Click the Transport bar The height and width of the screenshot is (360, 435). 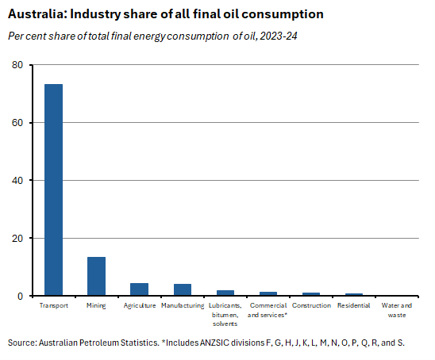click(53, 190)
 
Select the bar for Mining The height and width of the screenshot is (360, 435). click(96, 276)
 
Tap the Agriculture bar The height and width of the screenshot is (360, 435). click(139, 289)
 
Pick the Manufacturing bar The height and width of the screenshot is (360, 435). click(183, 289)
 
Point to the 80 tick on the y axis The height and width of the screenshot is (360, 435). click(18, 65)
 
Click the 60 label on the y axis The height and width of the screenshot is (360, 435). click(18, 123)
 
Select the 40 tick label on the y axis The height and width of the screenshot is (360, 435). click(18, 181)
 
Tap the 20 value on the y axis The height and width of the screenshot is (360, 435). click(18, 239)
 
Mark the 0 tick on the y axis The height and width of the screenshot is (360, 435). click(21, 297)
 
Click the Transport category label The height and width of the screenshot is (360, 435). click(53, 305)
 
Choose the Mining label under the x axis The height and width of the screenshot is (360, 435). click(96, 305)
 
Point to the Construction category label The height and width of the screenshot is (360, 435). click(311, 305)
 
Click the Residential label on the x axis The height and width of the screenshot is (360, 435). click(354, 305)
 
